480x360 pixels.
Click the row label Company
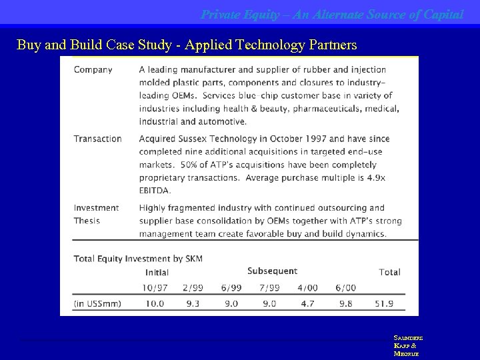93,69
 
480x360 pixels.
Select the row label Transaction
97,139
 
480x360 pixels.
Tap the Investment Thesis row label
96,214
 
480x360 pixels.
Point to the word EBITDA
155,190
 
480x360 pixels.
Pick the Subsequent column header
272,271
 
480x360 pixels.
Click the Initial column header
157,272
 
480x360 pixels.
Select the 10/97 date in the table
155,287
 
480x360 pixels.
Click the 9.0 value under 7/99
269,303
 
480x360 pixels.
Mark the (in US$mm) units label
97,303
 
